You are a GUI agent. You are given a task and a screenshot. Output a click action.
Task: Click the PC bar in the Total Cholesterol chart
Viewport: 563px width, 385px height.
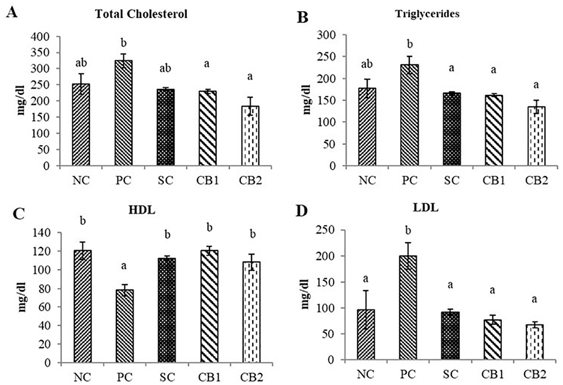coord(123,113)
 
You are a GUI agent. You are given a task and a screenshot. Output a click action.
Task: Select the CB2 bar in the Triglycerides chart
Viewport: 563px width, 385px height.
coord(536,136)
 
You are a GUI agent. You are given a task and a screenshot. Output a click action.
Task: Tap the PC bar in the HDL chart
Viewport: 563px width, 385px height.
coord(124,326)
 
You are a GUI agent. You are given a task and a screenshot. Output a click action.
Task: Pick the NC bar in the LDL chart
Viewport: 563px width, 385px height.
coord(366,335)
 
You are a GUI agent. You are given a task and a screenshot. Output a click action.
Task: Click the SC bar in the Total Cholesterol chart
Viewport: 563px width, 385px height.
coord(166,127)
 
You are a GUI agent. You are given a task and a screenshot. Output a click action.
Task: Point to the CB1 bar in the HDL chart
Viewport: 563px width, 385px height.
coord(209,306)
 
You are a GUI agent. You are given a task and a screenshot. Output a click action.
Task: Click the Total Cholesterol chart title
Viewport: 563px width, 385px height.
coord(141,14)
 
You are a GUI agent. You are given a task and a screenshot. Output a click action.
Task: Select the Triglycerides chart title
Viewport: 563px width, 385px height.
coord(427,14)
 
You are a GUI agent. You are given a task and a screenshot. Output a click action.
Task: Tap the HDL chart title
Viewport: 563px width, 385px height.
coord(141,210)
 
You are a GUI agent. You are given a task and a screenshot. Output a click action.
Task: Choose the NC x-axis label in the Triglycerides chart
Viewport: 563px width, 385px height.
coord(368,181)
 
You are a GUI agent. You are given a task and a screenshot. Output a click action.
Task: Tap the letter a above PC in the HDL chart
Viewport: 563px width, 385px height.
coord(124,266)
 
